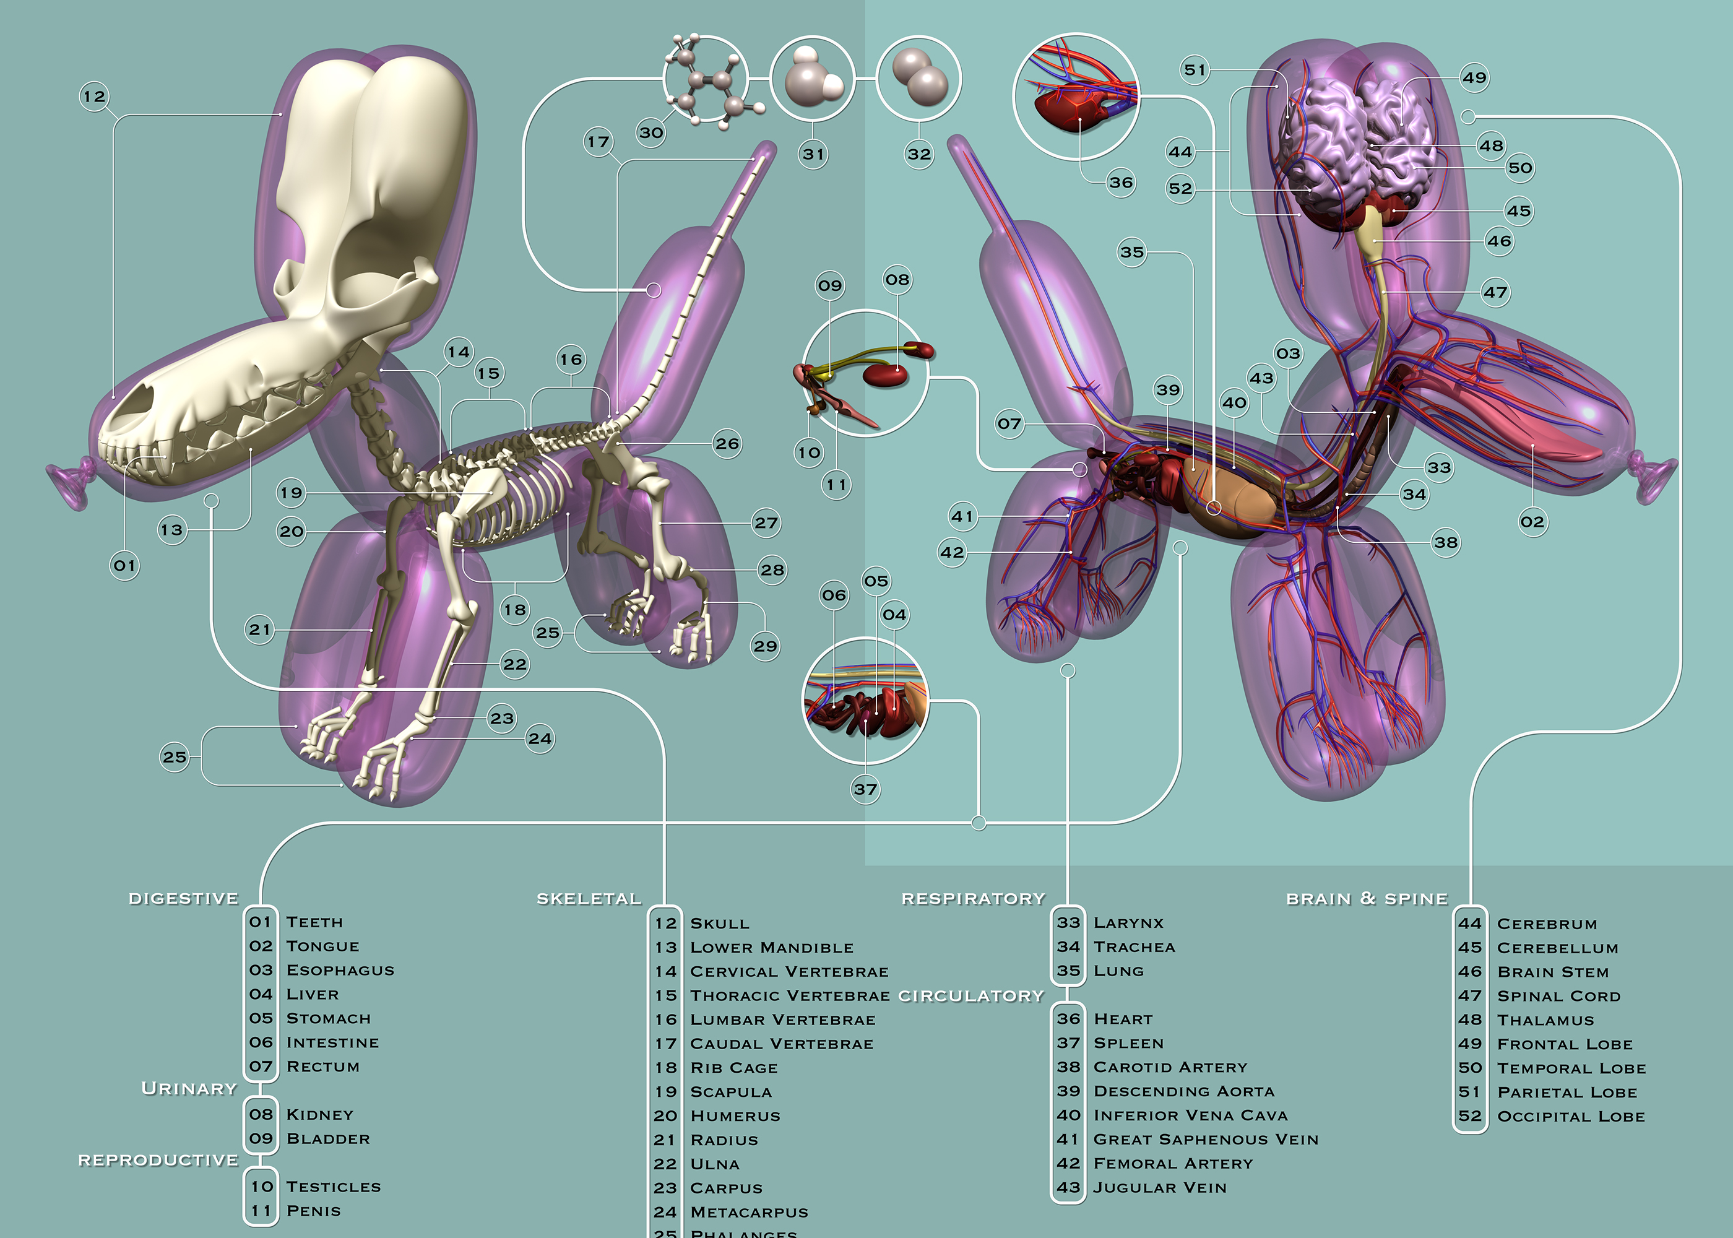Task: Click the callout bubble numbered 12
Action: pos(95,97)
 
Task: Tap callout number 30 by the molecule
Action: pos(651,132)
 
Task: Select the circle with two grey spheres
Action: pos(918,79)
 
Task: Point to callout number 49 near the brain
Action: pos(1474,77)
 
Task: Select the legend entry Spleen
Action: pos(1129,1043)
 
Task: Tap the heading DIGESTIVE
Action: pos(184,898)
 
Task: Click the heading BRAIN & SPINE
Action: pos(1367,898)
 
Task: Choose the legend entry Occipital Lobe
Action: pos(1571,1116)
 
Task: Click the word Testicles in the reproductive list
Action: pos(333,1186)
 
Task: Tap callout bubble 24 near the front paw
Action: pos(540,738)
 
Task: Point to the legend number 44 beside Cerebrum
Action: pos(1469,923)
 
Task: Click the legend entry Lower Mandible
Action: pos(771,948)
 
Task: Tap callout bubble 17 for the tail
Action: pos(599,142)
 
